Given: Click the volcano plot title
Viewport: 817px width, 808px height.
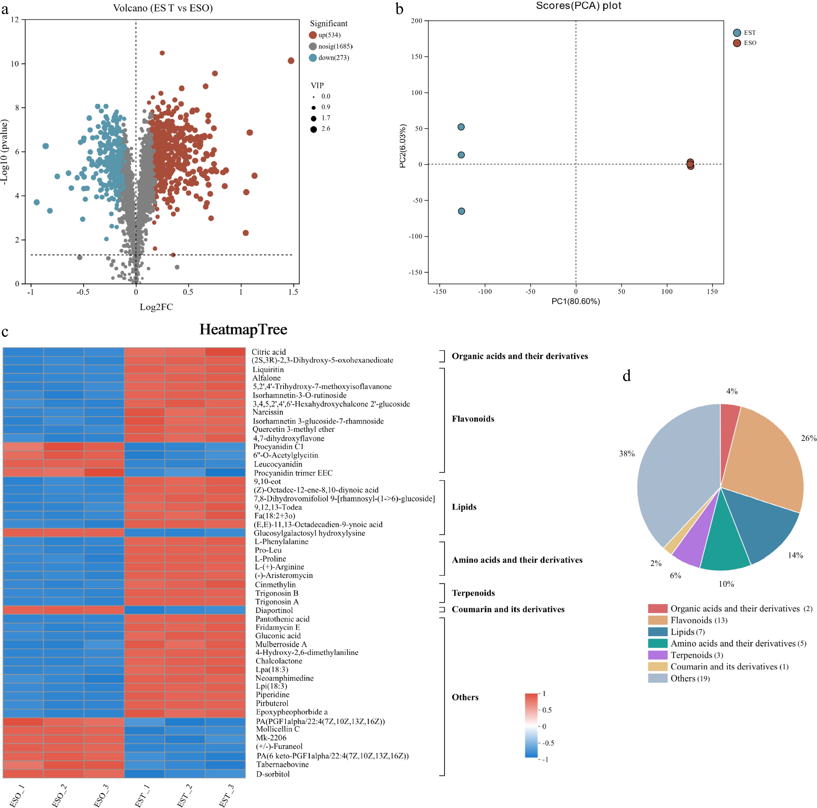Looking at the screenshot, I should [x=163, y=8].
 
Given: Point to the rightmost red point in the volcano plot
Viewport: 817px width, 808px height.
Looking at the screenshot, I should [x=291, y=61].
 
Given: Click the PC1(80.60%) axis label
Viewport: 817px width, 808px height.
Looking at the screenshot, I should [x=576, y=301].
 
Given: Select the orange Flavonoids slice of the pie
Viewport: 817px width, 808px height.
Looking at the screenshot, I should [x=765, y=456].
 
